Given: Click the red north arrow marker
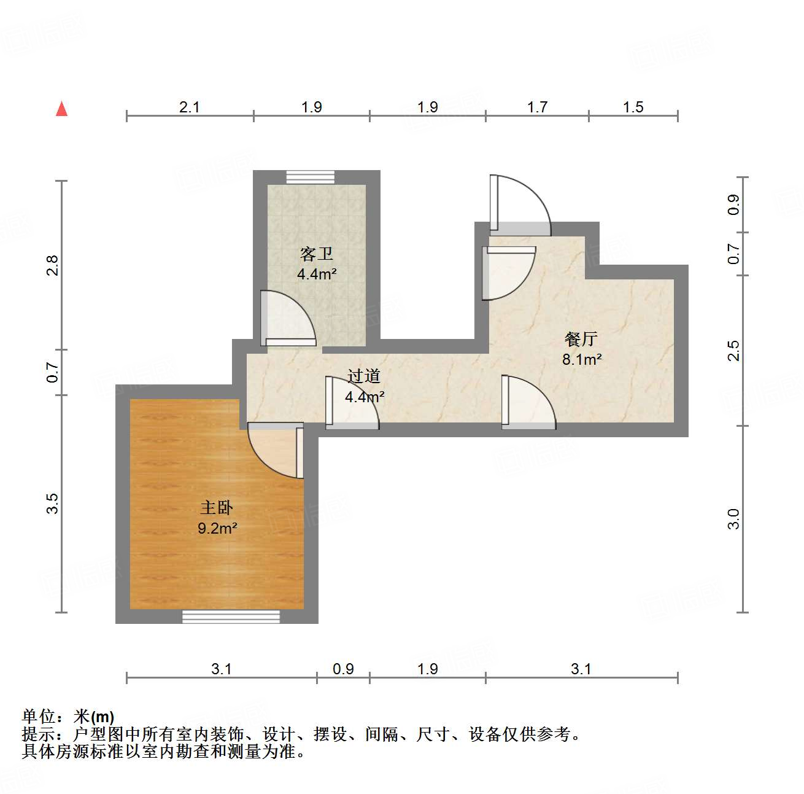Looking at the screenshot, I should [x=61, y=109].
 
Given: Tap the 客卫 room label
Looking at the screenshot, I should [x=316, y=254].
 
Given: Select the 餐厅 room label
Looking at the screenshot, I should [x=581, y=339].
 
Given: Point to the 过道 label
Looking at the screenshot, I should [x=364, y=376].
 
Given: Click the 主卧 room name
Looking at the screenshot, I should [x=217, y=508].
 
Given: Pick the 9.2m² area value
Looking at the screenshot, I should [x=217, y=528].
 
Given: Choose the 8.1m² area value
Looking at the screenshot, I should [x=582, y=359].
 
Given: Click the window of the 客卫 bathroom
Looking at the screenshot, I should [x=311, y=177].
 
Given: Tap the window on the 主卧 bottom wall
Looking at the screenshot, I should [x=231, y=617].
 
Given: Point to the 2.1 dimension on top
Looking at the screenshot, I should [x=190, y=107].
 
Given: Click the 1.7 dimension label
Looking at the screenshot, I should [x=537, y=107].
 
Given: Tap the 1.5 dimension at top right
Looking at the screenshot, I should [x=633, y=107].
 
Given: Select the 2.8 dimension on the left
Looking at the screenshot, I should [x=53, y=265].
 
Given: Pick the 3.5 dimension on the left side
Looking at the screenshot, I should [x=53, y=504].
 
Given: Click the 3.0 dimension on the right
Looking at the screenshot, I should [x=733, y=519].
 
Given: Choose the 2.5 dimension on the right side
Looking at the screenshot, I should [x=733, y=351].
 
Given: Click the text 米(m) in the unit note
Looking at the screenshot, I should [x=94, y=717].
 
